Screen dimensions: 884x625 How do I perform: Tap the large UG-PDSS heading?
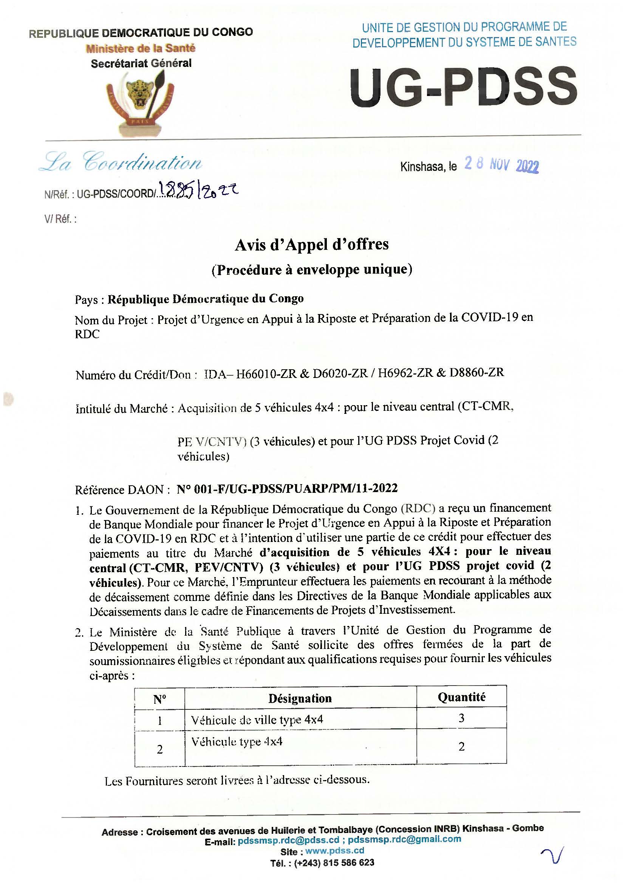tap(464, 87)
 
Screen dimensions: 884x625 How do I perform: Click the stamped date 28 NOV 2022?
tap(501, 165)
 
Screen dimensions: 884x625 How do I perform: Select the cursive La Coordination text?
tap(121, 163)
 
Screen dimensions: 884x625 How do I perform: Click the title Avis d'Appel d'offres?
tap(312, 245)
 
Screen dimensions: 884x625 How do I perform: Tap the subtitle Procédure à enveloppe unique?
tap(312, 269)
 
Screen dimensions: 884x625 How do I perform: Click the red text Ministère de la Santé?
tap(141, 48)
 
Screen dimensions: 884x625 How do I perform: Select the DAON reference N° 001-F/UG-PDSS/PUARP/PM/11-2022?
tap(287, 489)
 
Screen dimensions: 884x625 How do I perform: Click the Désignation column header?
tap(300, 698)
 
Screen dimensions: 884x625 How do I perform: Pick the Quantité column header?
tap(461, 697)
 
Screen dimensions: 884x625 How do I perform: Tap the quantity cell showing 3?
tap(461, 718)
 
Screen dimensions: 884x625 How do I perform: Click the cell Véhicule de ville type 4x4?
tap(257, 719)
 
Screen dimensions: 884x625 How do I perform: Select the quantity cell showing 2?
tap(461, 746)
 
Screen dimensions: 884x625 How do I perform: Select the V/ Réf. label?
tap(60, 220)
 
